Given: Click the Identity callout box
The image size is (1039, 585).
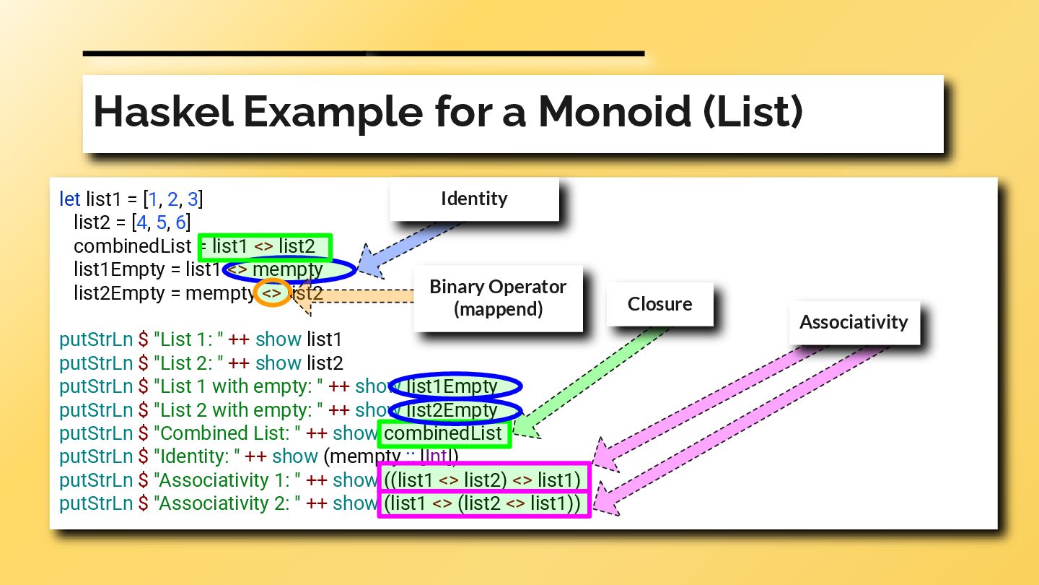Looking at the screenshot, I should coord(474,199).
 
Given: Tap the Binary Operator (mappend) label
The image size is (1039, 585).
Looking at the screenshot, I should coord(498,298).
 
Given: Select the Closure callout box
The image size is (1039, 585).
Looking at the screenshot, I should coord(659,304).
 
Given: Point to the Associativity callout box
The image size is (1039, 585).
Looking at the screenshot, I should coord(853,322).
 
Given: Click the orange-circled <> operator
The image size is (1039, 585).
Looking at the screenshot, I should coord(272,294).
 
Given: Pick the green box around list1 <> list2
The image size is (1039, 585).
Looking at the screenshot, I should coord(265,247).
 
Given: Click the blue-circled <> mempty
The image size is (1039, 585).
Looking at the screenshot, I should coord(289,270).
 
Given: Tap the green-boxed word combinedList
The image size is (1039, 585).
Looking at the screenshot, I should coord(444,433).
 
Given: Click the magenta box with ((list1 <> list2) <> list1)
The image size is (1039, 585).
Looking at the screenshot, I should coord(483,480).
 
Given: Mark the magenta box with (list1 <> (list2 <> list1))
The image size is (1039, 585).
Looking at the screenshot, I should coord(483,503).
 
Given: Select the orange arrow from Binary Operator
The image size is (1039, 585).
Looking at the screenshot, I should coord(361,297).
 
